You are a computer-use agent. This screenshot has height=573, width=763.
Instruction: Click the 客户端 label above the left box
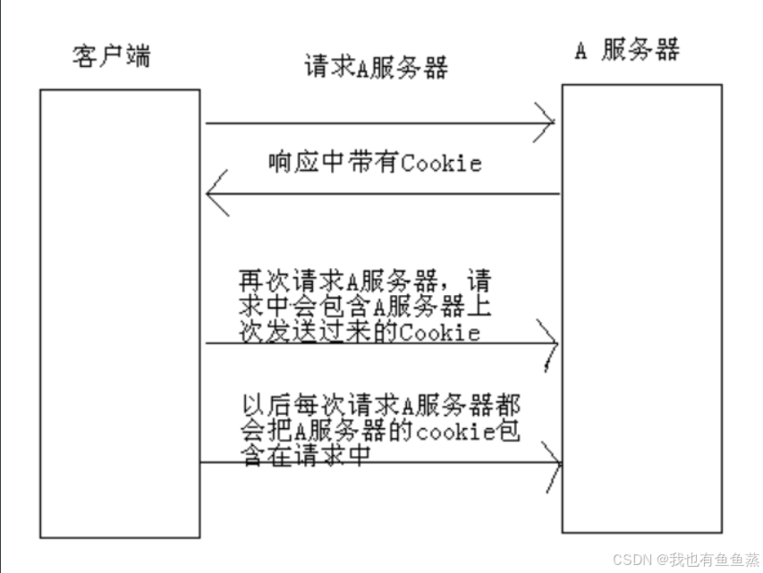(x=111, y=56)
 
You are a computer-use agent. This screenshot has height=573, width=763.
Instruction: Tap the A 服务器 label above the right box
(x=626, y=50)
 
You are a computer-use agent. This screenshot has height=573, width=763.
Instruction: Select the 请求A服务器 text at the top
(x=375, y=68)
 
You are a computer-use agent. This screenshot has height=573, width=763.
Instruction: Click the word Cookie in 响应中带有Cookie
(x=441, y=163)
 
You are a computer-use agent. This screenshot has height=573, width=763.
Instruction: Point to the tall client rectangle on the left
(x=119, y=313)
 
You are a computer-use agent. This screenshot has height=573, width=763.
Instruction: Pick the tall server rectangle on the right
(x=640, y=308)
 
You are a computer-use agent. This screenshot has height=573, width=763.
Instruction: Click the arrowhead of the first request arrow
(x=547, y=122)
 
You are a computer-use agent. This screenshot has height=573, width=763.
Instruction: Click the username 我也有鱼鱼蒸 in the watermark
(x=711, y=559)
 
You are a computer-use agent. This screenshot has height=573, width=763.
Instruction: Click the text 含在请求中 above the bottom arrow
(x=306, y=454)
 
